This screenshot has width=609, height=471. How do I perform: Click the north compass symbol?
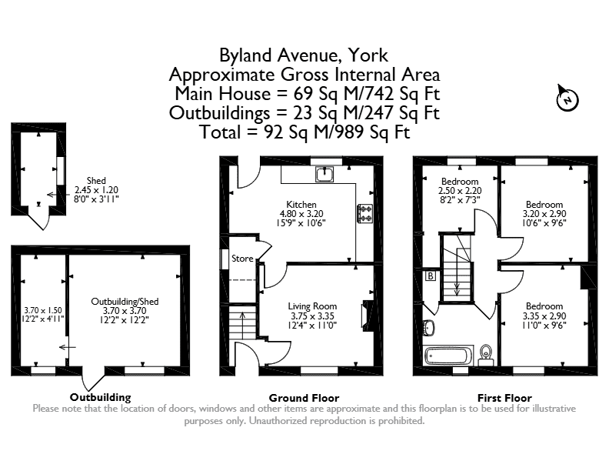[567, 99]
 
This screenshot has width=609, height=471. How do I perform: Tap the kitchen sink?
[324, 175]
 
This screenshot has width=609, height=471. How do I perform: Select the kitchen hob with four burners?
[364, 213]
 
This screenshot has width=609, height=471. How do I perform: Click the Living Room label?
[312, 306]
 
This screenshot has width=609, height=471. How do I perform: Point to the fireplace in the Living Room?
[367, 314]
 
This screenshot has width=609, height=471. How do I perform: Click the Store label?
[242, 259]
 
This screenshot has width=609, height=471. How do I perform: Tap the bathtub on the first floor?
[448, 356]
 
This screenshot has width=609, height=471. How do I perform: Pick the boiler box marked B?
[431, 276]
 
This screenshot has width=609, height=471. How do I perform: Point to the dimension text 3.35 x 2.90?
[544, 316]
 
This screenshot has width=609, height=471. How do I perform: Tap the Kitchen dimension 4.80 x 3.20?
[301, 214]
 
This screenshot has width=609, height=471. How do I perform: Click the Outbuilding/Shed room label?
[125, 301]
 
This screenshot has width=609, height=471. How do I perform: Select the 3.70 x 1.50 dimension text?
[43, 310]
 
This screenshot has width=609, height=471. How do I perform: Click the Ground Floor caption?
[304, 398]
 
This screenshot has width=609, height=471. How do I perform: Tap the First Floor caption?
[504, 398]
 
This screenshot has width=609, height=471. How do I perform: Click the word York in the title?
[368, 55]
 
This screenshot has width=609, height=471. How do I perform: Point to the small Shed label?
[96, 181]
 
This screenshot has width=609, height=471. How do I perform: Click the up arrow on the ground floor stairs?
[242, 325]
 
